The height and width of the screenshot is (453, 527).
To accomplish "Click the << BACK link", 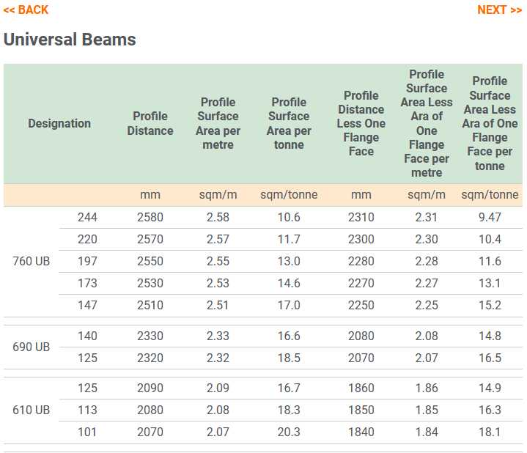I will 26,10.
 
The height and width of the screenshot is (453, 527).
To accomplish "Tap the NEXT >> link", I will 499,10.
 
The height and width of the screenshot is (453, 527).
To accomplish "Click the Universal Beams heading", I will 70,40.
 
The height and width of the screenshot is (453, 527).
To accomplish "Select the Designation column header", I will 59,123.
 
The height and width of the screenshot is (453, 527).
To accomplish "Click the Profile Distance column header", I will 150,123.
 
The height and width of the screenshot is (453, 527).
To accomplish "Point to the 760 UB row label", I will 32,262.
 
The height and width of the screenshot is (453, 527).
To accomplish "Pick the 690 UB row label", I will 32,347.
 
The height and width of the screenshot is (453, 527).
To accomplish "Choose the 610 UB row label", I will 32,410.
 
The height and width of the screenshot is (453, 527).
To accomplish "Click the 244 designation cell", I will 87,217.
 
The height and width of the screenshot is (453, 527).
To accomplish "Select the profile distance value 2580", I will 150,217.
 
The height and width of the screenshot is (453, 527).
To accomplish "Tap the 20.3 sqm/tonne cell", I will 289,432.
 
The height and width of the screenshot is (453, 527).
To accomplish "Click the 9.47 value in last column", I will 489,217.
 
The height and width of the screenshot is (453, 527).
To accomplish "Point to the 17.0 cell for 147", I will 289,306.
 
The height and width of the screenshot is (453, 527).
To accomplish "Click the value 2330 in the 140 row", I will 150,336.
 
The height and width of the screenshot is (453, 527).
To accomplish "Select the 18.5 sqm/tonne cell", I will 289,358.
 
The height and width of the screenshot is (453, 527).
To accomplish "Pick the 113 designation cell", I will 87,410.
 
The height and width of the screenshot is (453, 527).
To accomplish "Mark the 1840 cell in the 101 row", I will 361,432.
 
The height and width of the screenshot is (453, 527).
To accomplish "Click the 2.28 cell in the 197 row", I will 427,262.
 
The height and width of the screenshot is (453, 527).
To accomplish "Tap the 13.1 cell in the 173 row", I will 489,284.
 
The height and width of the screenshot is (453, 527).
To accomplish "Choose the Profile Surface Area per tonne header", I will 289,123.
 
